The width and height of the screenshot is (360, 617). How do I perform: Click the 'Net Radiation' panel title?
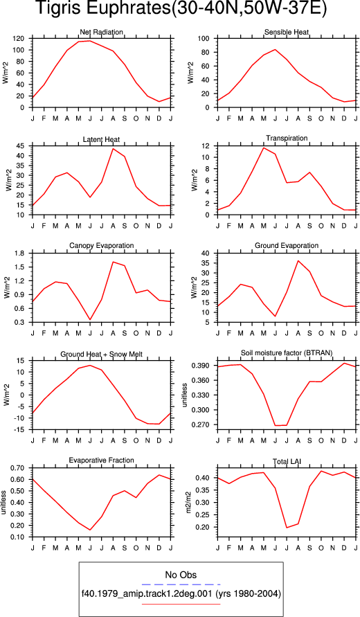tap(102, 31)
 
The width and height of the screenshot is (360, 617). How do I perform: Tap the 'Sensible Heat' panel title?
tap(287, 32)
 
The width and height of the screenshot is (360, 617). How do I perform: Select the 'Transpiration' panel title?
tap(287, 138)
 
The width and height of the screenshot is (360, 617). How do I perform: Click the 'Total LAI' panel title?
tap(287, 460)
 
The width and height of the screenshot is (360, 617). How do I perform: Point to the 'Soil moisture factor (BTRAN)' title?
tap(287, 353)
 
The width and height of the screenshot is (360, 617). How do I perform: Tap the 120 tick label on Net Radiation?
tap(21, 39)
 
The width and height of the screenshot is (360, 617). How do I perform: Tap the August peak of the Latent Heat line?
tap(113, 148)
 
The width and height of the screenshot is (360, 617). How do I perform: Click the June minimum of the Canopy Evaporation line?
tap(90, 320)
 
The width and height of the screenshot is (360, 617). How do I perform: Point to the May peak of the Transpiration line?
tap(263, 147)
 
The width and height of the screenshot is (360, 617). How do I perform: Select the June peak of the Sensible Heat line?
tap(275, 50)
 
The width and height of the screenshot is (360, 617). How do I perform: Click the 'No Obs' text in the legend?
tap(181, 575)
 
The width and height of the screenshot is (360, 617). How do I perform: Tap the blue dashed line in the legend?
tap(181, 584)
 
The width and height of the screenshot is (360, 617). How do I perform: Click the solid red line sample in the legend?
tap(181, 604)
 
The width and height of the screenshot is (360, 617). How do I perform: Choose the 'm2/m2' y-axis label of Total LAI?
tap(188, 502)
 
